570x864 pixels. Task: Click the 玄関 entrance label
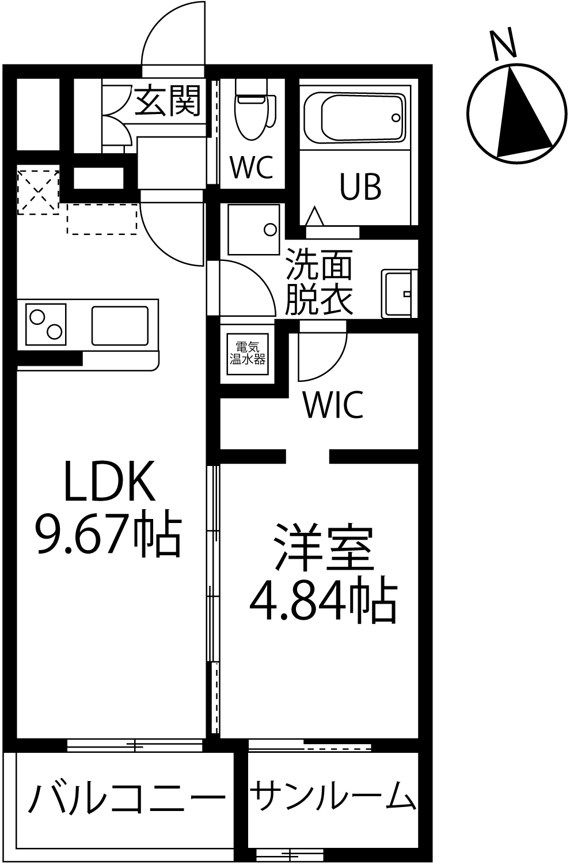[168, 101]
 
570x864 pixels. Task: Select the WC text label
[252, 167]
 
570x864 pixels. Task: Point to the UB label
[360, 187]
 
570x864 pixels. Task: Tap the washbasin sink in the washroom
[399, 294]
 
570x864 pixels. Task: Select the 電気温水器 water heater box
[248, 354]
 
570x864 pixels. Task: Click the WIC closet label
[333, 404]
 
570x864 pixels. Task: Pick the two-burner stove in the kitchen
[45, 324]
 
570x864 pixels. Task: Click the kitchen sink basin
[120, 325]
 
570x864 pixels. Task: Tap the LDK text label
[110, 480]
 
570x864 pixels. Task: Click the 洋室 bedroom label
[324, 547]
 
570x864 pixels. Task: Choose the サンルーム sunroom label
[333, 795]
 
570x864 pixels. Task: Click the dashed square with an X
[38, 192]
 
